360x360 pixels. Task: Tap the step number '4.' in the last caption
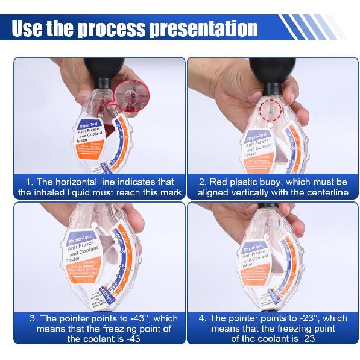click(204, 318)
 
